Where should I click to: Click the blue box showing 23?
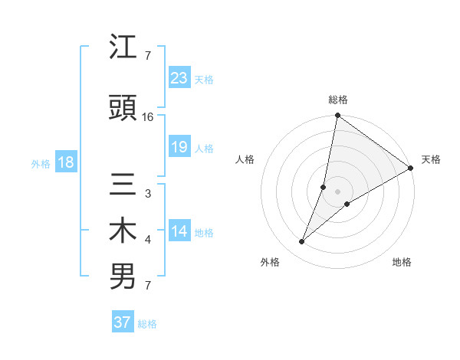179,78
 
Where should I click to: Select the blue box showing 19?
179,147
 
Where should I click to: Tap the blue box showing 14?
179,232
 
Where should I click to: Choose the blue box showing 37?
123,322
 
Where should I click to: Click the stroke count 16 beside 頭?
148,117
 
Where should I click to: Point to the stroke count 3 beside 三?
147,194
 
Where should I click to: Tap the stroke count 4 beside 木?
147,240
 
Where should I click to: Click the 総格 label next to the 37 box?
148,324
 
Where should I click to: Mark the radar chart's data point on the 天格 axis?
410,169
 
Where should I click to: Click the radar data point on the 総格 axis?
337,116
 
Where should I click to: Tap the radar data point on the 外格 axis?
302,242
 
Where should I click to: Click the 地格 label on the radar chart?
402,263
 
